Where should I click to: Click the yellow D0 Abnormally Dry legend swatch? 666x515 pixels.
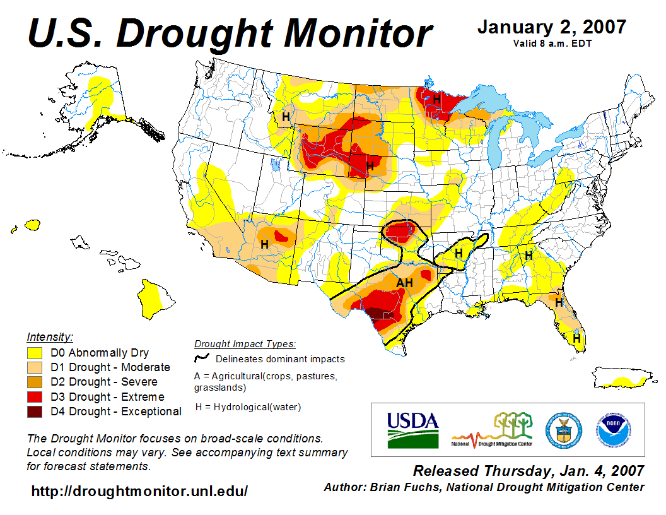[x=35, y=353]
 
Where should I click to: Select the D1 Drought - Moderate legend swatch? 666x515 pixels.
[x=35, y=367]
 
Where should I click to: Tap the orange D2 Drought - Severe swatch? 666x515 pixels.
[x=35, y=382]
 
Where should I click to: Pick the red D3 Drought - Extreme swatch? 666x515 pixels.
[x=35, y=397]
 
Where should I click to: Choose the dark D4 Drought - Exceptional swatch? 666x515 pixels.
[x=35, y=411]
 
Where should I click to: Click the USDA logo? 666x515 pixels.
[x=412, y=429]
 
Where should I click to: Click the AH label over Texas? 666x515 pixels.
[x=404, y=283]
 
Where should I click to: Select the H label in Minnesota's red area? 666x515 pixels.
[x=436, y=98]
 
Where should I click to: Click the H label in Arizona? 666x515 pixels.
[x=264, y=244]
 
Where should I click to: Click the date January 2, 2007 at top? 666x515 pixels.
[x=551, y=27]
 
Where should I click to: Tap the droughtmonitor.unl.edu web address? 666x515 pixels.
[x=139, y=490]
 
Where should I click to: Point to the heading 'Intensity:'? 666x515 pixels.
[x=50, y=336]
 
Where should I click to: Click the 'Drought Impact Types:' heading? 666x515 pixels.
[x=245, y=344]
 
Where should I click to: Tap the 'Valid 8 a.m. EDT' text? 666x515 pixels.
[x=552, y=44]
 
